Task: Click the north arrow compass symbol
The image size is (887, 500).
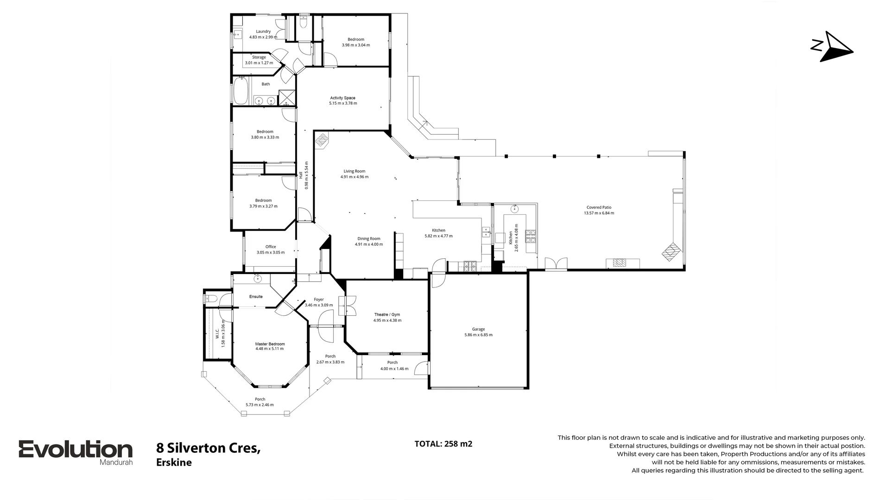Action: tap(834, 47)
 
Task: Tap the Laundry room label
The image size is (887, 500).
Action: tap(263, 31)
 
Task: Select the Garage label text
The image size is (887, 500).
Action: tap(478, 329)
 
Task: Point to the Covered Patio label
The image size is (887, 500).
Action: tap(599, 207)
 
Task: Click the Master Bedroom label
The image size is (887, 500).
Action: tap(270, 344)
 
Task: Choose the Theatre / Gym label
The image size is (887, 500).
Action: tap(387, 314)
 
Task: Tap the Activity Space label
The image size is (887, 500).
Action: tap(342, 98)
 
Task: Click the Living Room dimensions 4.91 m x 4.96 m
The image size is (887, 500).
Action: tap(354, 177)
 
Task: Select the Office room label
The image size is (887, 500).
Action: tap(271, 247)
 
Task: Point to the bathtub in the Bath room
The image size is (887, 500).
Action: tap(241, 91)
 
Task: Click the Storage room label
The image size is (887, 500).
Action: tap(259, 57)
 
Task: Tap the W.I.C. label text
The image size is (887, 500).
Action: tap(217, 333)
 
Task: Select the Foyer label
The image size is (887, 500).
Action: tap(318, 300)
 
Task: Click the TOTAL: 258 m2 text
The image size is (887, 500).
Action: tap(443, 444)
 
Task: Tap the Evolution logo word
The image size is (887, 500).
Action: tap(76, 450)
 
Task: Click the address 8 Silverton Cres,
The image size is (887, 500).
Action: tap(208, 448)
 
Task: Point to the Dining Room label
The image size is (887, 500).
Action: tap(368, 239)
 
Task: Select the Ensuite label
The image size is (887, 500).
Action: tap(256, 297)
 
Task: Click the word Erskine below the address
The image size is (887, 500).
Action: tap(174, 462)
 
